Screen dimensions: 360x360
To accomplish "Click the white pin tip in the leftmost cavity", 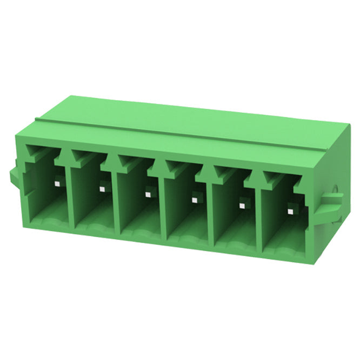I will point(56,183).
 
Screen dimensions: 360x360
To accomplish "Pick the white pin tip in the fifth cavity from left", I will point(242,204).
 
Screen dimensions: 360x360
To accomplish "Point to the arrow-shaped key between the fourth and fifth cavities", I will point(208,173).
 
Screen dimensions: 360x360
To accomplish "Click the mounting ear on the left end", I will point(15,176).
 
